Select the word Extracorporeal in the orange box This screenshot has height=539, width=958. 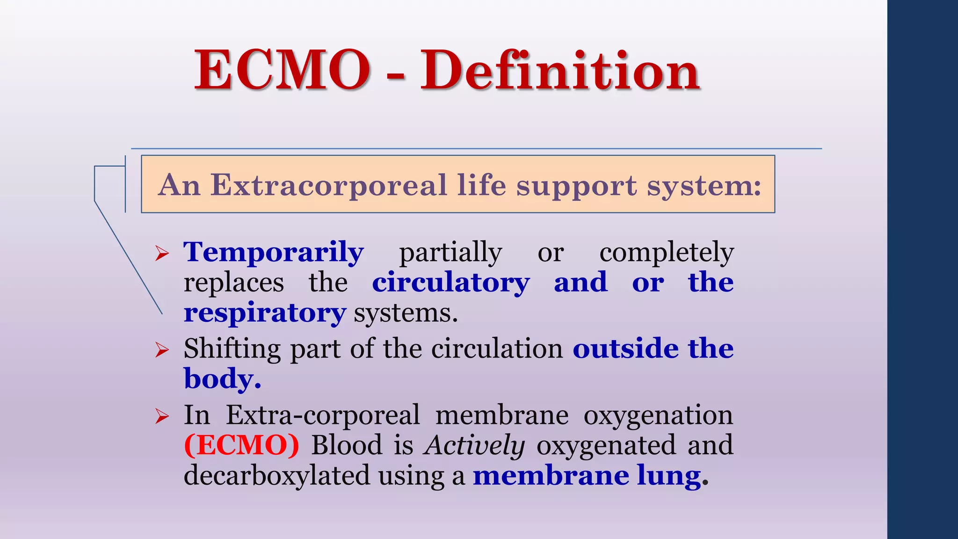click(x=328, y=185)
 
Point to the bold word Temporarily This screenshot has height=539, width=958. click(x=274, y=253)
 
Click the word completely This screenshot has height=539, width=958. click(x=667, y=253)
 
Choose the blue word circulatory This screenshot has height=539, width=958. click(x=451, y=283)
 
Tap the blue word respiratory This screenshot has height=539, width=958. click(x=265, y=313)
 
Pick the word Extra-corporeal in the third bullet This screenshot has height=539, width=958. click(x=323, y=415)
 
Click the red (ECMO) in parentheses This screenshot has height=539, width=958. click(x=241, y=445)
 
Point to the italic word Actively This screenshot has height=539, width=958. click(x=474, y=445)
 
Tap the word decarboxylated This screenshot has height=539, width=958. click(x=277, y=475)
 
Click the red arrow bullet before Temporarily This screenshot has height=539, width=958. click(x=162, y=254)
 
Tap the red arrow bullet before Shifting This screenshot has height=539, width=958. click(x=162, y=350)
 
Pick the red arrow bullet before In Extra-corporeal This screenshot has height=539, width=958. click(x=162, y=415)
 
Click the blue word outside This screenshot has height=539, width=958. click(x=625, y=349)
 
